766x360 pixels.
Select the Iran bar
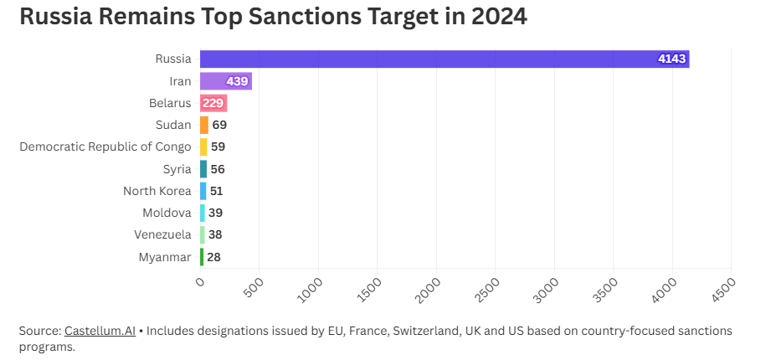(x=225, y=81)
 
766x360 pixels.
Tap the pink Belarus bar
(x=213, y=103)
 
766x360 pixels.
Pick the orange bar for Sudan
(x=204, y=125)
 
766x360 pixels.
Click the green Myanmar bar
(x=202, y=257)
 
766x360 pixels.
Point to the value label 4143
(x=671, y=59)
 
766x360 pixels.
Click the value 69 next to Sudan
(x=219, y=125)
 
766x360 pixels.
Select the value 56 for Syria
(x=218, y=169)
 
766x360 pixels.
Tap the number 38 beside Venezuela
(x=215, y=234)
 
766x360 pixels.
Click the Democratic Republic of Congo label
(x=105, y=147)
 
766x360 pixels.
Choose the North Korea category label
(x=157, y=191)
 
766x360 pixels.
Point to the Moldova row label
(x=167, y=213)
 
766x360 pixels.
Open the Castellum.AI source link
(x=100, y=331)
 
